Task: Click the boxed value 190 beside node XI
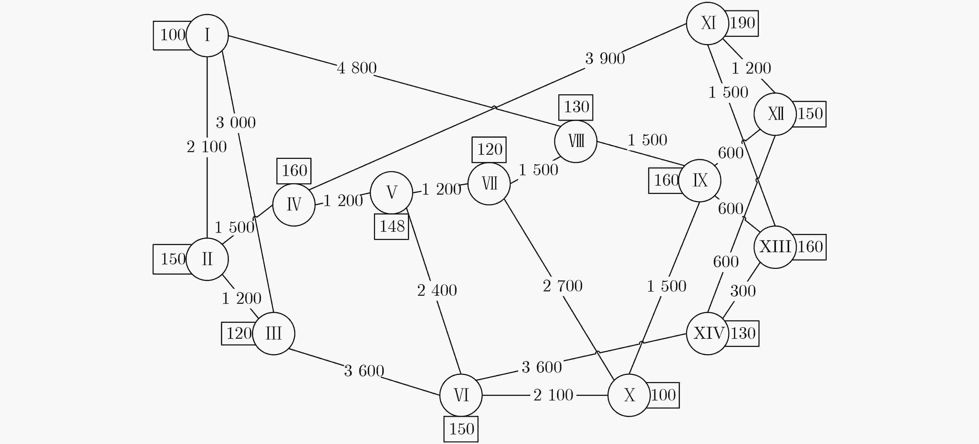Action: [x=742, y=23]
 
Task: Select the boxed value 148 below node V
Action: [x=391, y=226]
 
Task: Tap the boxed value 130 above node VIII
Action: [x=576, y=107]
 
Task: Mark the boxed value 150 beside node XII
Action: [x=810, y=114]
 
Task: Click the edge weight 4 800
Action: [x=356, y=68]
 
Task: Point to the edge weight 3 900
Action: [x=605, y=59]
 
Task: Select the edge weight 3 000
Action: [x=236, y=123]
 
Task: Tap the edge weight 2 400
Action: [x=437, y=290]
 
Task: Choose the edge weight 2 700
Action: [x=563, y=286]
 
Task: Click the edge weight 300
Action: [x=743, y=291]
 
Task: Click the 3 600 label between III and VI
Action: [x=364, y=371]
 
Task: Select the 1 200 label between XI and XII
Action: [x=751, y=68]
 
